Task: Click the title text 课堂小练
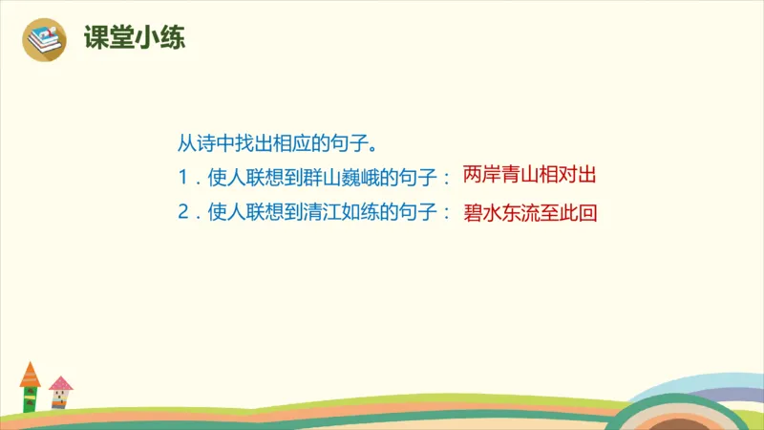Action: [x=134, y=39]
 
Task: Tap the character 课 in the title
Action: [x=96, y=39]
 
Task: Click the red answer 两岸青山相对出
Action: [x=529, y=177]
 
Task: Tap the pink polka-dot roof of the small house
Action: [x=60, y=384]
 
